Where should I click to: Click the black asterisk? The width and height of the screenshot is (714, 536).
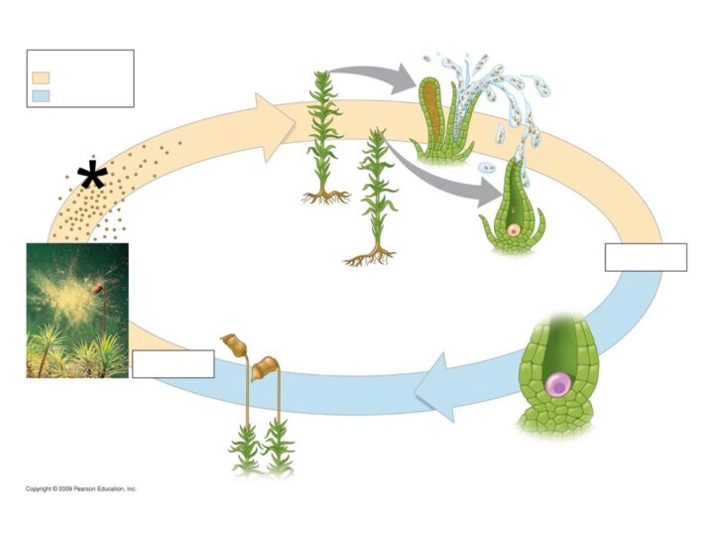[92, 175]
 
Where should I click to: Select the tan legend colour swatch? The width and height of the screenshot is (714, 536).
[41, 77]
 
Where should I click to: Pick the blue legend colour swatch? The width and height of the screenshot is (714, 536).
[41, 95]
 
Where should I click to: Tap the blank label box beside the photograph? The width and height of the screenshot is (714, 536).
[173, 363]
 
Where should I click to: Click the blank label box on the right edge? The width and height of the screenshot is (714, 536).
[646, 257]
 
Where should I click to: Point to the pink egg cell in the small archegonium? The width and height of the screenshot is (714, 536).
[514, 230]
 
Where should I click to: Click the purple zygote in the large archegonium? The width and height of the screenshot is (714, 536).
[558, 385]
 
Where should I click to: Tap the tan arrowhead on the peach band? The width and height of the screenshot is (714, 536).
[275, 128]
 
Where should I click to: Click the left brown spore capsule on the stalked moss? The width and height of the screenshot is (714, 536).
[235, 345]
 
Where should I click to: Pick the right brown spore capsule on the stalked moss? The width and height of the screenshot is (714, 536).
[265, 368]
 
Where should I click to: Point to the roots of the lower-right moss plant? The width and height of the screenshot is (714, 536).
[370, 257]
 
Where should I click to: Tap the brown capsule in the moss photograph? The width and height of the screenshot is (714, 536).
[98, 288]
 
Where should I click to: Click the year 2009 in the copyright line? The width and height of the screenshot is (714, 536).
[65, 489]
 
